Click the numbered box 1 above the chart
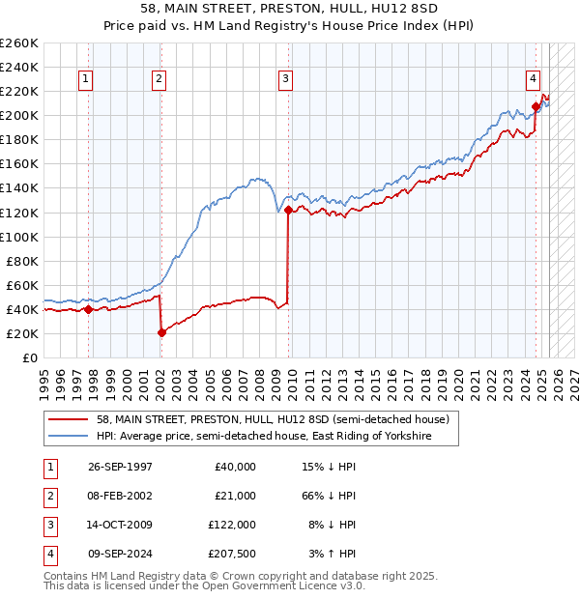pos(87,80)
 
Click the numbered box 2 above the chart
pos(159,80)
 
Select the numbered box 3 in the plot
pos(286,80)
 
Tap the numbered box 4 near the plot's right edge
pos(533,80)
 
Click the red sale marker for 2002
pos(161,332)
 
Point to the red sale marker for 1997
pos(88,309)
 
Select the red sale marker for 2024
pos(536,106)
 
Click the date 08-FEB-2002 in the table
pos(120,496)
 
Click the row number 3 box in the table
pos(48,525)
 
